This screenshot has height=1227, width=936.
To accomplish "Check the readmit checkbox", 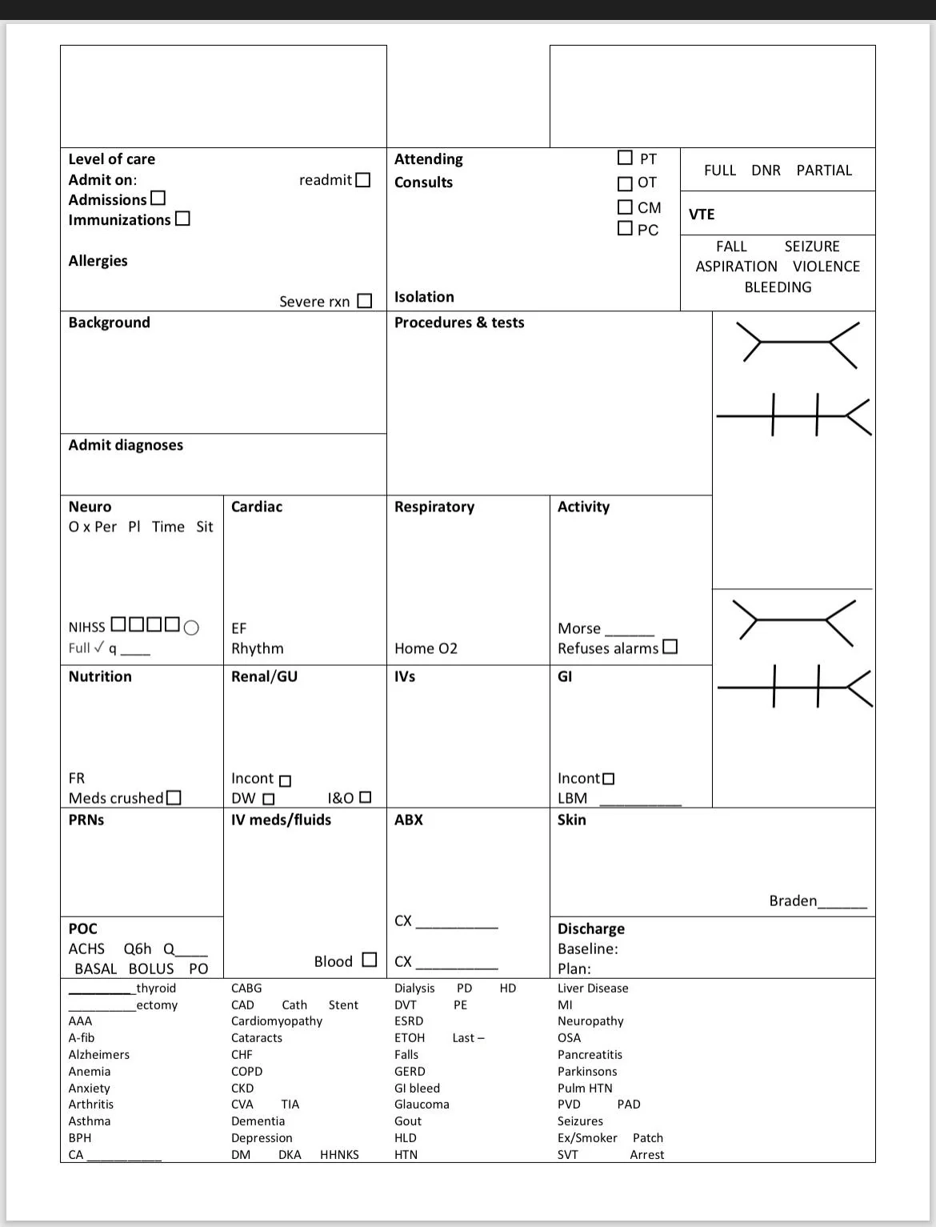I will [362, 180].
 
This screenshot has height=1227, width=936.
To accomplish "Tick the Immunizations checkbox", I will [182, 219].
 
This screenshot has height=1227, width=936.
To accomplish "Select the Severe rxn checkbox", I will [365, 301].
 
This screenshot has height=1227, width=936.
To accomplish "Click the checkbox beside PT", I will [625, 158].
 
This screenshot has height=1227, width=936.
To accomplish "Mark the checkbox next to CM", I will [625, 207].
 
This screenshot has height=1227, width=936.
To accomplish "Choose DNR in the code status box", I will [766, 170].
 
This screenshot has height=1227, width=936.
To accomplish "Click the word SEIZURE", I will [811, 247].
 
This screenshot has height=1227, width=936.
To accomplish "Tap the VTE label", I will [702, 215].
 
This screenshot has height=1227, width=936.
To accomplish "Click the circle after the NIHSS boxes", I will [191, 628].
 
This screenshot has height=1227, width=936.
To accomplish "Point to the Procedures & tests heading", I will [459, 323].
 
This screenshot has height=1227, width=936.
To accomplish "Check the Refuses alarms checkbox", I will [670, 647].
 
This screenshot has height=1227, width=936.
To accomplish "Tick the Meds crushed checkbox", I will [174, 798].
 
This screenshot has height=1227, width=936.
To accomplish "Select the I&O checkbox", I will [366, 797].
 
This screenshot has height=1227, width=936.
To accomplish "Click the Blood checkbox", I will [369, 960].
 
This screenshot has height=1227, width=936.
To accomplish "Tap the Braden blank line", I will [842, 904].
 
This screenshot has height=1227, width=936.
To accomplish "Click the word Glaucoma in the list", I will [422, 1105].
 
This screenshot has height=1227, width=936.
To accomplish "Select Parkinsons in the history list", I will [587, 1072].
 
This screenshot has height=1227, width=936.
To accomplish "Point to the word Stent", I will [343, 1005].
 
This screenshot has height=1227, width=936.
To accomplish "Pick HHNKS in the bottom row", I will [339, 1155].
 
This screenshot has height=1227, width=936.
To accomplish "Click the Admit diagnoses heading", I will [126, 445].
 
